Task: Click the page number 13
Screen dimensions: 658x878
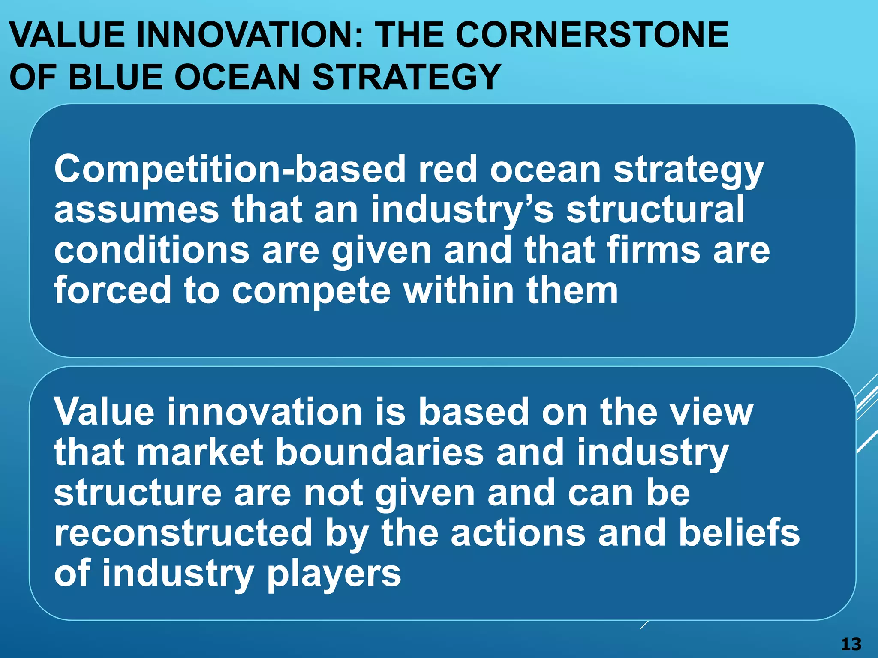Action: [x=851, y=644]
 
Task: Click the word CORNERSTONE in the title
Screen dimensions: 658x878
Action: [x=592, y=35]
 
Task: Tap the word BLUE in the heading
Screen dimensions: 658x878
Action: [x=116, y=77]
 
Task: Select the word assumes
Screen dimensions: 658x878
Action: [x=136, y=210]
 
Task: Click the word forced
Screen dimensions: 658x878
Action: [x=112, y=290]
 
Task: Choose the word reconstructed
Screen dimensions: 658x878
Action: [x=183, y=533]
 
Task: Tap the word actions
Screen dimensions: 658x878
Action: [x=518, y=533]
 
